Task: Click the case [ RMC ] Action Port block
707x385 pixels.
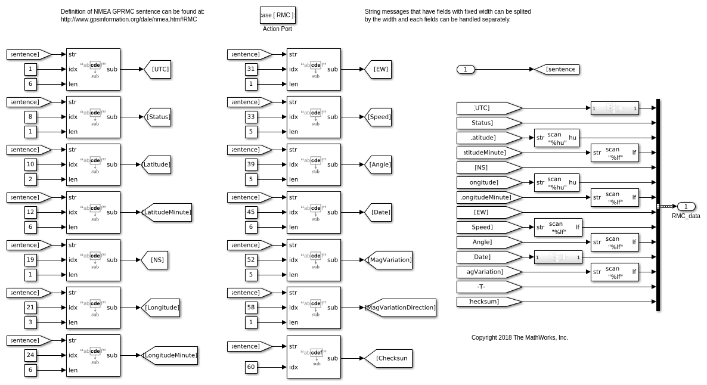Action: tap(278, 15)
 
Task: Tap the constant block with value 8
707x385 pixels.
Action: tap(30, 117)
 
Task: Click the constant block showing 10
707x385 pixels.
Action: tap(30, 164)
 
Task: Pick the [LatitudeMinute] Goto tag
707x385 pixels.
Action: tap(167, 212)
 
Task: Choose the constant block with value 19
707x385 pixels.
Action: tap(30, 260)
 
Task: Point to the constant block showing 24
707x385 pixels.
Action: tap(30, 355)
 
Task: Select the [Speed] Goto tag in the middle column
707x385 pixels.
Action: tap(379, 117)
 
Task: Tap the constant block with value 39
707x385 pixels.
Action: tap(251, 164)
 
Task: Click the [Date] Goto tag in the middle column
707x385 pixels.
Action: tap(379, 212)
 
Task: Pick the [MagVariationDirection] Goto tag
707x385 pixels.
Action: tap(401, 308)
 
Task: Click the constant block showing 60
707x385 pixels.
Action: tap(251, 367)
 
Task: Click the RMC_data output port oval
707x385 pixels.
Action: tap(686, 206)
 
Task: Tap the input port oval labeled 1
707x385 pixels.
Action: tap(466, 69)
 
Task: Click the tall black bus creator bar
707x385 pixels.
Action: tap(658, 205)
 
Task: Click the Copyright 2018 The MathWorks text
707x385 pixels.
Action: tap(519, 337)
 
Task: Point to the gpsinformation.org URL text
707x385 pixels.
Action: tap(129, 19)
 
